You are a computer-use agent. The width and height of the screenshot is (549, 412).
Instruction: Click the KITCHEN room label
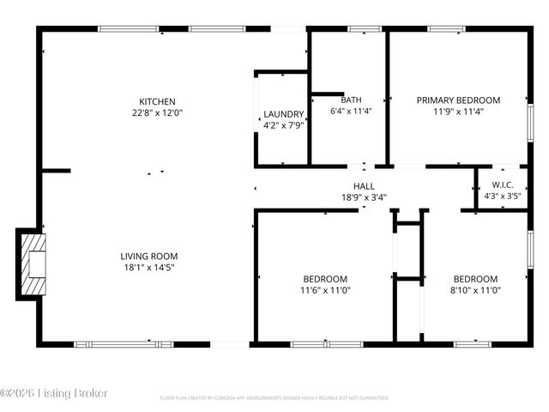click(x=158, y=100)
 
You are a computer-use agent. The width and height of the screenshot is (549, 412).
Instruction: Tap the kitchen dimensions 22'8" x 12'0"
click(x=158, y=112)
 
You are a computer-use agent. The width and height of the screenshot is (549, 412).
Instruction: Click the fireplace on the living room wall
click(x=32, y=264)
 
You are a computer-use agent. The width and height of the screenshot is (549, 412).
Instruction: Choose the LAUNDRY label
click(x=283, y=114)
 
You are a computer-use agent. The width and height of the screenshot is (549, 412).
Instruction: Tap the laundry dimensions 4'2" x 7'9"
click(x=283, y=125)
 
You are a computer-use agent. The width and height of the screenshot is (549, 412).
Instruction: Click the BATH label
click(x=351, y=100)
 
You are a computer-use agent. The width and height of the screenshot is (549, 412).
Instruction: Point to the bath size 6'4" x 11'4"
click(x=351, y=111)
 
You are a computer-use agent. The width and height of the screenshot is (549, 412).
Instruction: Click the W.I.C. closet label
click(x=503, y=185)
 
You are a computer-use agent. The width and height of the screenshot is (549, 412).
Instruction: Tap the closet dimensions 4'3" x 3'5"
click(x=503, y=196)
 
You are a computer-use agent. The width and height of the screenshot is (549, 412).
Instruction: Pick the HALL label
click(x=364, y=185)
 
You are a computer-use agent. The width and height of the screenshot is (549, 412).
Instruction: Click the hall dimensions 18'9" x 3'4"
click(x=364, y=197)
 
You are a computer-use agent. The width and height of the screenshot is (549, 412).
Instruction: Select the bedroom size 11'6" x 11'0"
click(x=325, y=290)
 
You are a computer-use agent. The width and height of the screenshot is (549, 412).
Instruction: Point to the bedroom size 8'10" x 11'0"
click(x=475, y=290)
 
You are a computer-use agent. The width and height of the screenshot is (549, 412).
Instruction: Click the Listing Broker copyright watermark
click(x=54, y=393)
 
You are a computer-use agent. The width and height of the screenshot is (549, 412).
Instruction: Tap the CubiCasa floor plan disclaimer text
click(x=274, y=398)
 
